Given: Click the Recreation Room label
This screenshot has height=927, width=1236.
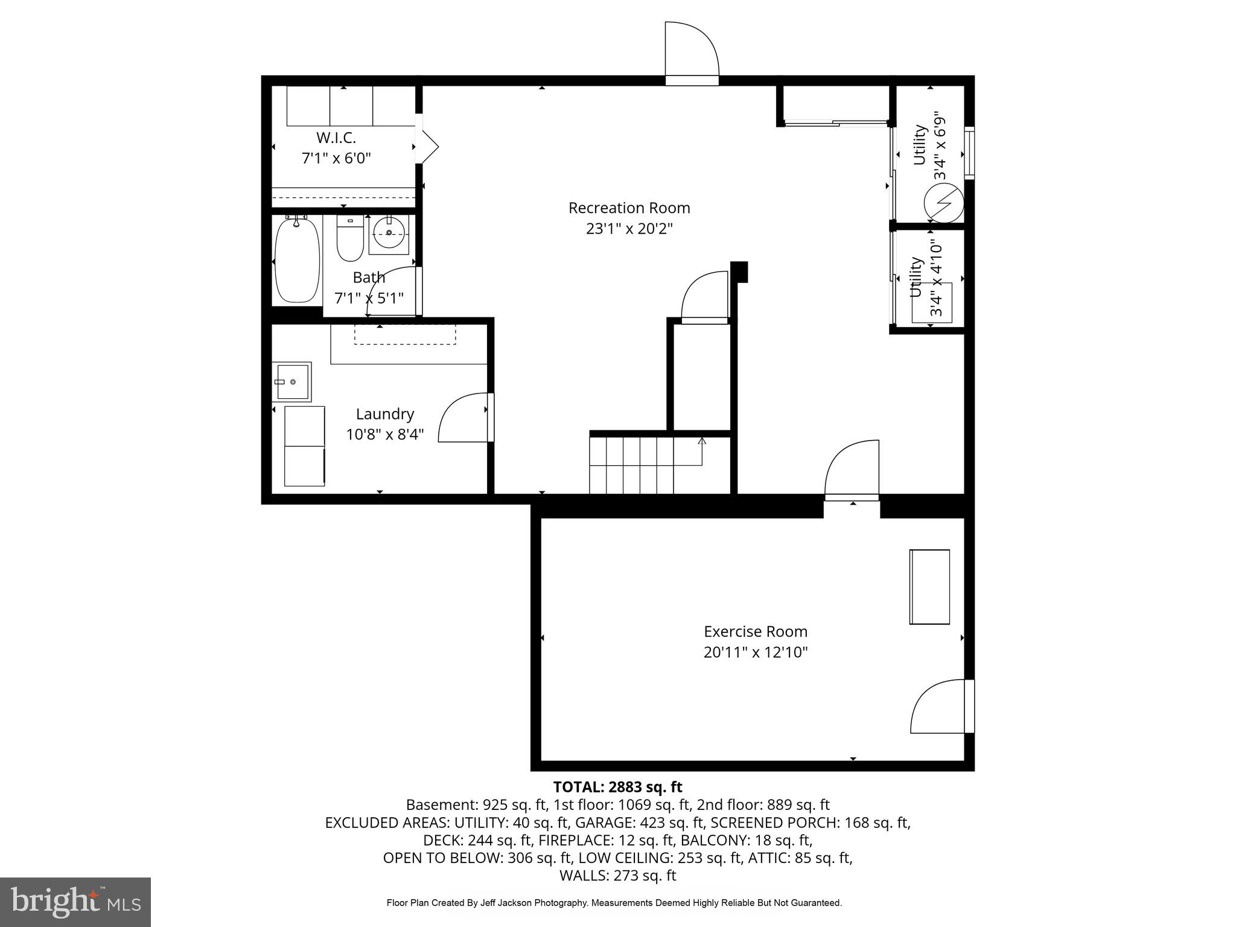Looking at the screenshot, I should [x=629, y=208].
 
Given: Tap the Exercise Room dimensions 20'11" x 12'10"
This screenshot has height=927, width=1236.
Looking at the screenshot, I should [x=755, y=652].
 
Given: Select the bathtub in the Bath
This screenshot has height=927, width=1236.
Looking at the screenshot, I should [x=296, y=261].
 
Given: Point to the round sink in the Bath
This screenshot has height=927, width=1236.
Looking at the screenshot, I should [x=389, y=232].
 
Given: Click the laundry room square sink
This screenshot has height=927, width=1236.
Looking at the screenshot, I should [x=292, y=381].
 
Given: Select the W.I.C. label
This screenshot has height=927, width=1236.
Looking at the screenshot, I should [x=336, y=138].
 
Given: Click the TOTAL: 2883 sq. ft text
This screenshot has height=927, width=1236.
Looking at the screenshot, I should [x=617, y=787].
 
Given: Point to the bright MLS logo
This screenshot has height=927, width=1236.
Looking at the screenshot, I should [x=75, y=902].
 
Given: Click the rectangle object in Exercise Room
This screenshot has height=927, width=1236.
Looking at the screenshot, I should [x=929, y=587].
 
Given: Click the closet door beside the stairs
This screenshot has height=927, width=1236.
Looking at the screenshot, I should [x=705, y=297].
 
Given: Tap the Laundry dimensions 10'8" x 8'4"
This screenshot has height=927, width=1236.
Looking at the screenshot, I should [x=385, y=435].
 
